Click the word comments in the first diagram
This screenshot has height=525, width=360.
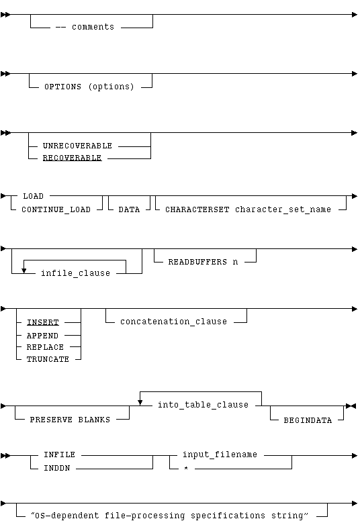coord(93,27)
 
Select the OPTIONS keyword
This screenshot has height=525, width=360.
coord(62,87)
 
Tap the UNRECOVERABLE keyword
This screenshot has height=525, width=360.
coord(77,146)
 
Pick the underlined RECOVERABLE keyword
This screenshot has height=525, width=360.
coord(72,158)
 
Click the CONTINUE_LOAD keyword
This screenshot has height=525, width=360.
coord(56,210)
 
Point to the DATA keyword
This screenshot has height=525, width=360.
coord(129,210)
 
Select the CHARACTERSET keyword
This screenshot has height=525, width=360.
coord(197,209)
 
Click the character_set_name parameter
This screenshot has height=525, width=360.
coord(283,209)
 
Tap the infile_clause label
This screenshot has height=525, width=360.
coord(75,273)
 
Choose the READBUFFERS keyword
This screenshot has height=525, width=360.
coord(197,262)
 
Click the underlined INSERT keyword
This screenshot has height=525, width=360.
coord(42,322)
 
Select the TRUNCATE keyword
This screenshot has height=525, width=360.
coord(48,359)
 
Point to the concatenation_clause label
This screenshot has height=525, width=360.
coord(173,322)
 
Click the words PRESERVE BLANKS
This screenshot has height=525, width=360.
coord(70,420)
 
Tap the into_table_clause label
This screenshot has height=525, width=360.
coord(203,405)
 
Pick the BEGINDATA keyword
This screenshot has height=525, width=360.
coord(308,420)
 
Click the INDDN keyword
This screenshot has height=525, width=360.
coord(57,468)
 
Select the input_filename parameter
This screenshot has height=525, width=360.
coord(220,455)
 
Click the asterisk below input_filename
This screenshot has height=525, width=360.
coord(186,468)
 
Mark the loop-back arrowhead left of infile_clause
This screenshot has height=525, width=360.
coord(24,271)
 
